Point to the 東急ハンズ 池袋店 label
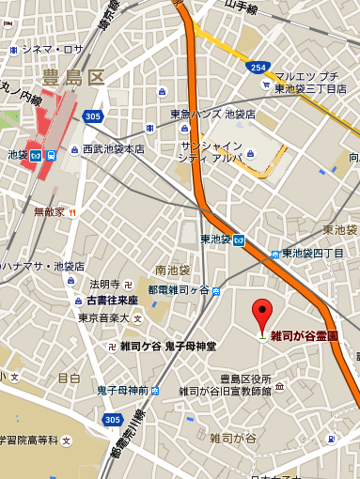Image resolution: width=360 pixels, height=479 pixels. (x=212, y=114)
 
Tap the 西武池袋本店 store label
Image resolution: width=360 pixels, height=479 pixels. (x=113, y=149)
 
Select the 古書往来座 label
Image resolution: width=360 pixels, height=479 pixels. (x=106, y=300)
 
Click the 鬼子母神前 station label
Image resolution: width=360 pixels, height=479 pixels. (x=123, y=390)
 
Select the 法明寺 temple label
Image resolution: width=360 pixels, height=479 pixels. (x=105, y=284)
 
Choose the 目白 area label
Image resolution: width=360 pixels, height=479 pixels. (x=69, y=378)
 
